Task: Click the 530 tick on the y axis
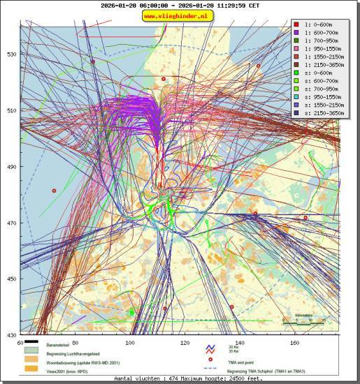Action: [x=12, y=54]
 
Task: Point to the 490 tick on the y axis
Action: [x=12, y=167]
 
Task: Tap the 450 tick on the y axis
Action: [x=12, y=279]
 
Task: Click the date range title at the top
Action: [x=180, y=5]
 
